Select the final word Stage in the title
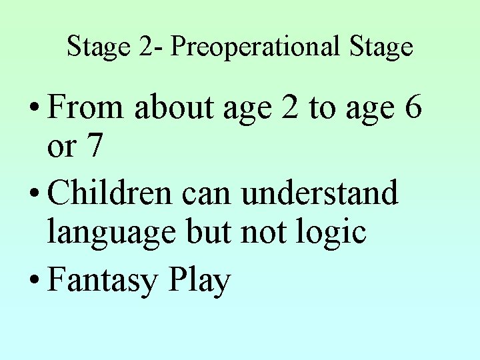382,47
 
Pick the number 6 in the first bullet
412,109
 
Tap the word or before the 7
62,148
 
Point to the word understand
319,194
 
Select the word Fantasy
101,281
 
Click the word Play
199,281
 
